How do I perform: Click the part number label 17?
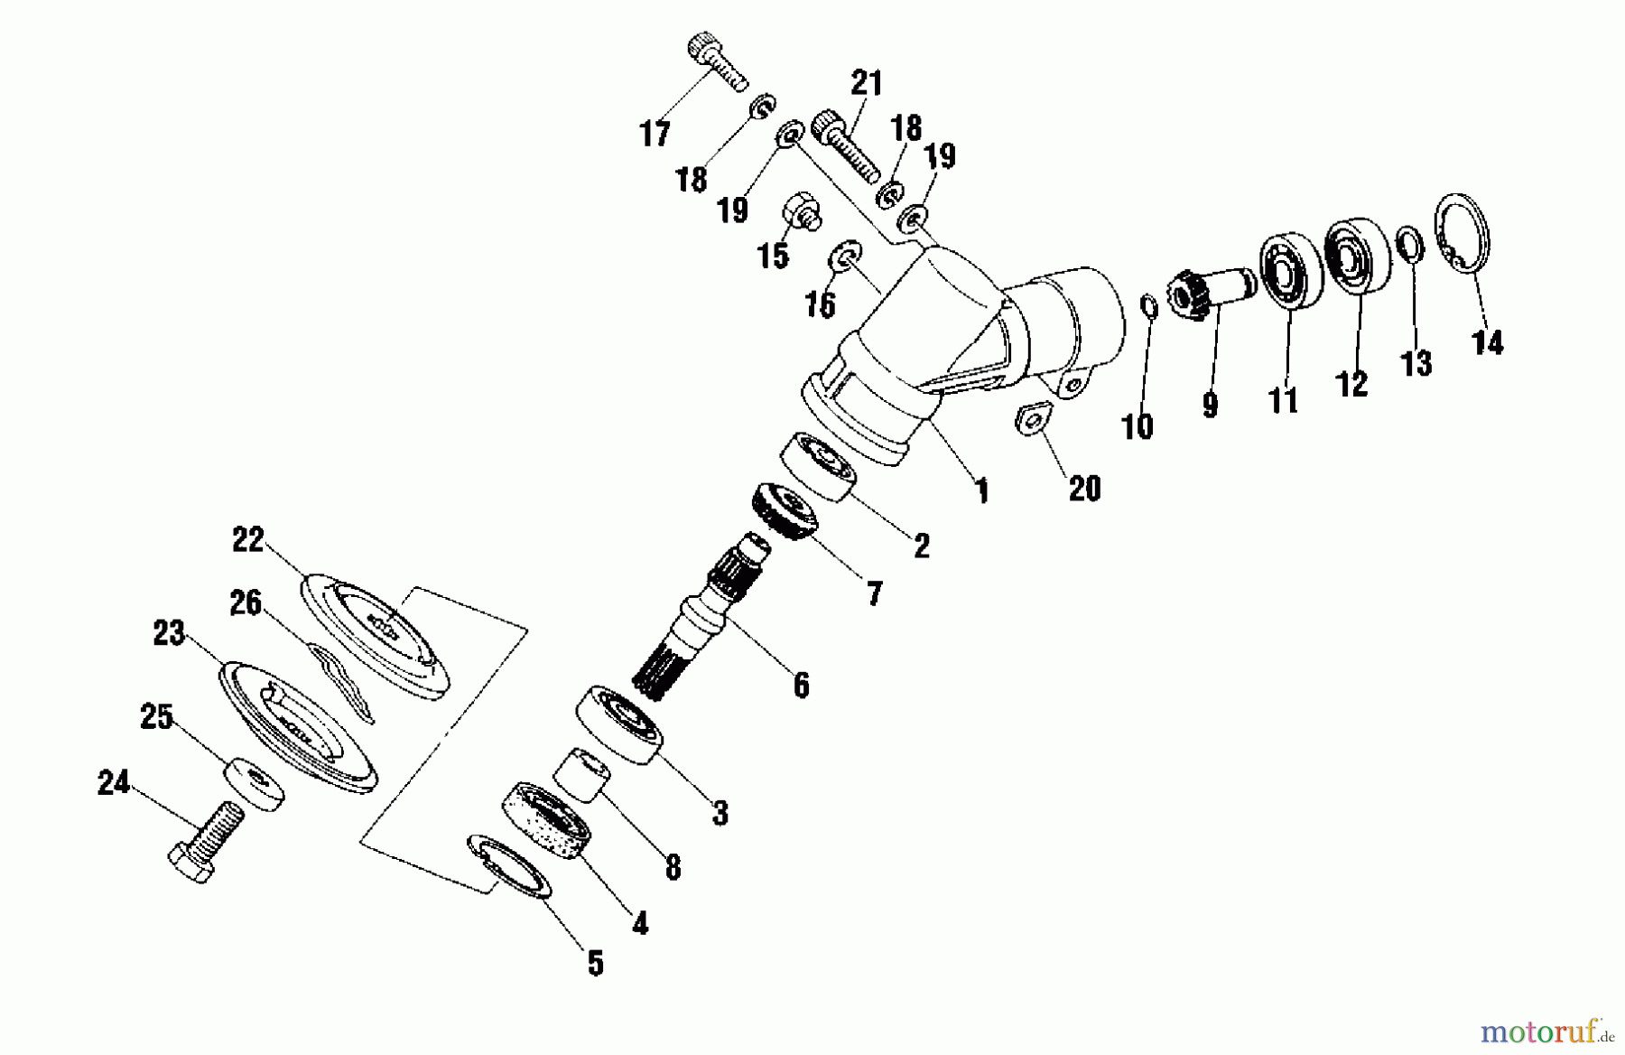tap(655, 134)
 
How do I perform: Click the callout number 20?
tap(1084, 489)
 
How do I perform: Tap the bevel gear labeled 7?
tap(783, 511)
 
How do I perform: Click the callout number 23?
tap(168, 633)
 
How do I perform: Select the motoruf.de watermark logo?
tap(1547, 1030)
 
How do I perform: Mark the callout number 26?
tap(245, 602)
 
